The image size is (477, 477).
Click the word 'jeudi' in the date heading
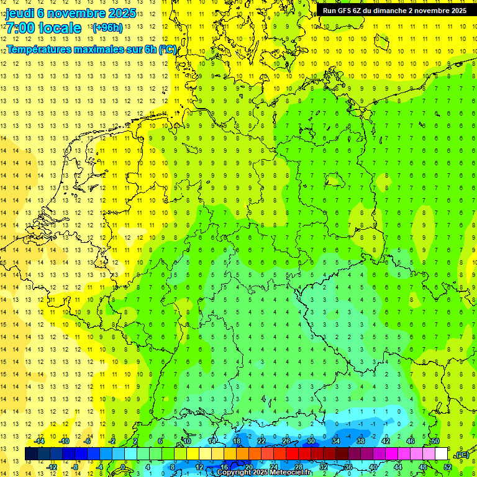(x=21, y=13)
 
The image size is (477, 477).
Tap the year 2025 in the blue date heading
(x=118, y=13)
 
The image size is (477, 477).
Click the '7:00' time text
(x=20, y=28)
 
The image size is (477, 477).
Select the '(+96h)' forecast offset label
(x=107, y=28)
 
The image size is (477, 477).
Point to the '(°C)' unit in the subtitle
(x=168, y=49)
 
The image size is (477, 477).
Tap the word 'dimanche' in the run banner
(x=402, y=11)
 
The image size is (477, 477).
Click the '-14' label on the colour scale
(x=39, y=441)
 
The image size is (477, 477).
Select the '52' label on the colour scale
(x=448, y=467)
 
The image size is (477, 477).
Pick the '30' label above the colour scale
(x=311, y=441)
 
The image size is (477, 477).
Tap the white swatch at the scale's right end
(x=441, y=454)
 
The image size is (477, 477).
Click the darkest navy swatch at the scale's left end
(x=31, y=454)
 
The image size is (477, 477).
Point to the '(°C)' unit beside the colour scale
(x=462, y=455)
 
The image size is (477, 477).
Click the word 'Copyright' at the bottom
(x=234, y=473)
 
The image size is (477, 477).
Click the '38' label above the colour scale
(x=361, y=441)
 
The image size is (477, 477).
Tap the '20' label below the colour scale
(x=249, y=467)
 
